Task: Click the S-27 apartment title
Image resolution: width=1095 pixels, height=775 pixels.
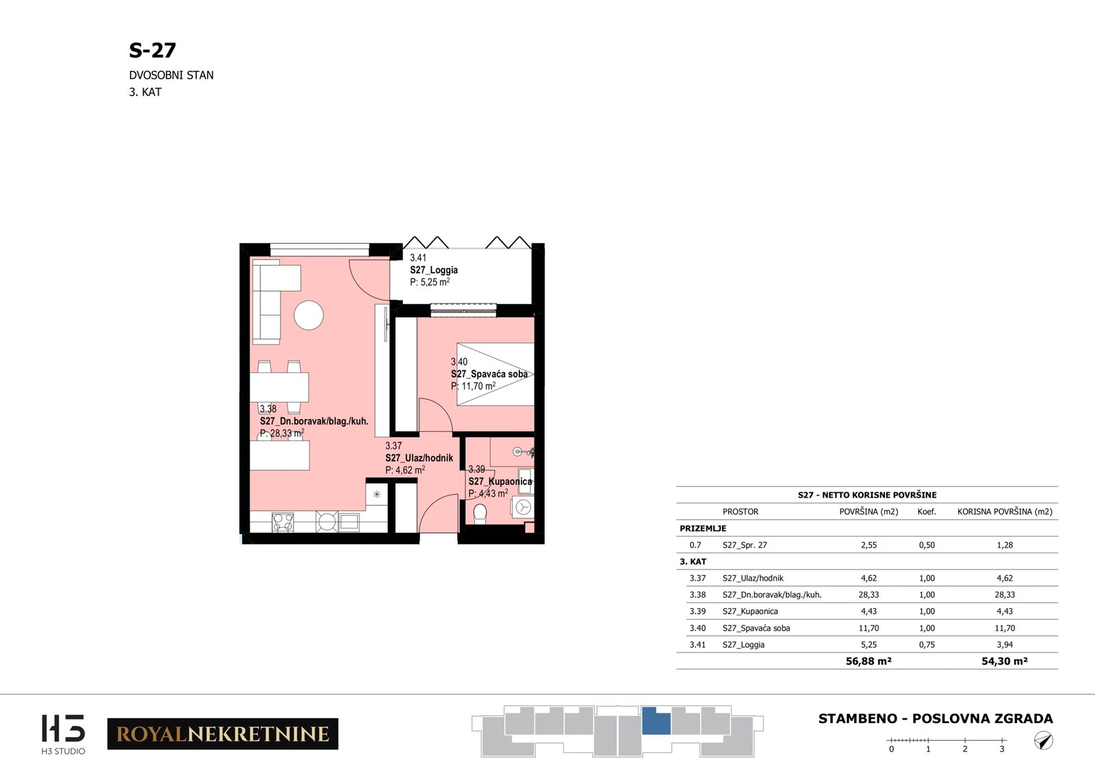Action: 152,50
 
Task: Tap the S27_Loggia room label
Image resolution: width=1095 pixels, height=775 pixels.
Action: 434,270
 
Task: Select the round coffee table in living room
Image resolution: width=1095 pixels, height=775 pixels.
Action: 309,316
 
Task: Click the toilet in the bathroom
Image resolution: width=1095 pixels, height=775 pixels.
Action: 480,514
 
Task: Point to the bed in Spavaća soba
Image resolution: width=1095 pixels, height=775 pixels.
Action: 495,374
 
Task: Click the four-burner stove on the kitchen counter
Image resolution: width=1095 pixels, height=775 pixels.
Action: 283,522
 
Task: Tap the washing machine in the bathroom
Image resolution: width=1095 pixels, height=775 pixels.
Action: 523,507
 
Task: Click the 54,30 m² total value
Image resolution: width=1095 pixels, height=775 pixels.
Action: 1005,661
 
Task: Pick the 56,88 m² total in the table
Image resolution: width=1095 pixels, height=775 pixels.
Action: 868,661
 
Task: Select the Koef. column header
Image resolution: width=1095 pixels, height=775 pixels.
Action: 927,511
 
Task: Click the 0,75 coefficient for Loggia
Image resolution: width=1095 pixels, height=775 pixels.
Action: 927,644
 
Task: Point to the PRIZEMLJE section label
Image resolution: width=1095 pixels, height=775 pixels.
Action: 703,528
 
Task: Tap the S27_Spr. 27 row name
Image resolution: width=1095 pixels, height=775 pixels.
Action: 745,545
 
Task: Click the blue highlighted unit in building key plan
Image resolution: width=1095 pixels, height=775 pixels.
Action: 656,721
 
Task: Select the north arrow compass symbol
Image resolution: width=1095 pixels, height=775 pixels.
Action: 1043,741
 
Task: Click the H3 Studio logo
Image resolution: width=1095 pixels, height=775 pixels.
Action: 63,734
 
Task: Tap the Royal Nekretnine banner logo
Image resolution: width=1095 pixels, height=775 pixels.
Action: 222,733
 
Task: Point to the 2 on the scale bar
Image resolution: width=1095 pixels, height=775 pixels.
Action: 965,749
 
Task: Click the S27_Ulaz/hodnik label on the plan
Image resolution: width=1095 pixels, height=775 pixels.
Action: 419,458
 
